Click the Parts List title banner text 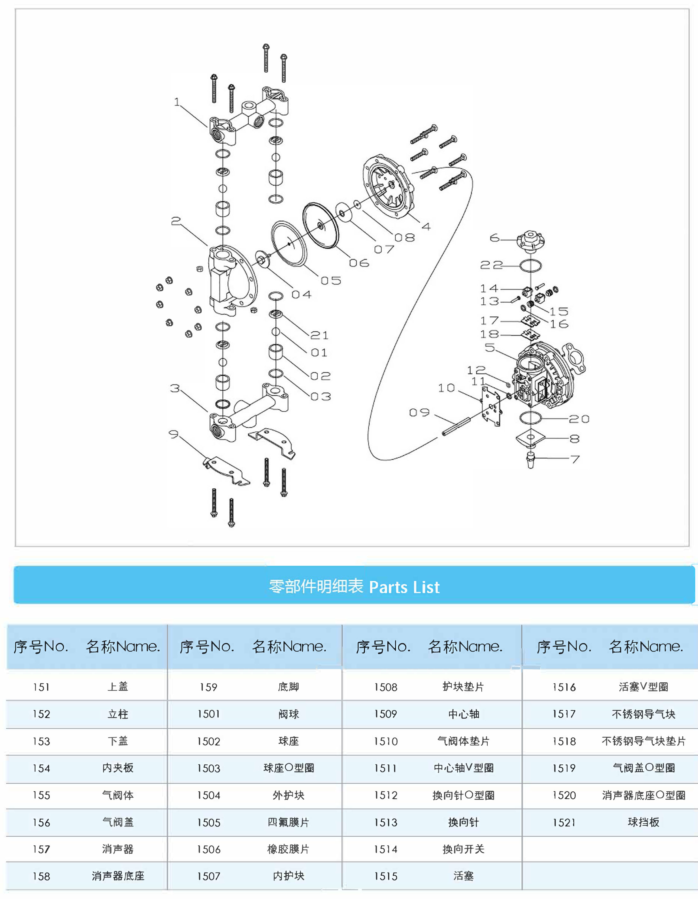pyautogui.click(x=354, y=586)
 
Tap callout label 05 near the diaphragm pyautogui.click(x=331, y=281)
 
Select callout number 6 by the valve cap pyautogui.click(x=494, y=238)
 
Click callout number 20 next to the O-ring pyautogui.click(x=579, y=419)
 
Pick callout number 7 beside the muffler pyautogui.click(x=575, y=459)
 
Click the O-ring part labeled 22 pyautogui.click(x=531, y=266)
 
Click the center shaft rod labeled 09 pyautogui.click(x=456, y=426)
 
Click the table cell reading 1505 pyautogui.click(x=209, y=822)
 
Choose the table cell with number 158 pyautogui.click(x=41, y=876)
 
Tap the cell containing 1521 pyautogui.click(x=564, y=822)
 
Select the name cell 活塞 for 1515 pyautogui.click(x=463, y=876)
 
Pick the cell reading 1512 pyautogui.click(x=386, y=795)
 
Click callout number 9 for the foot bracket pyautogui.click(x=174, y=434)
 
